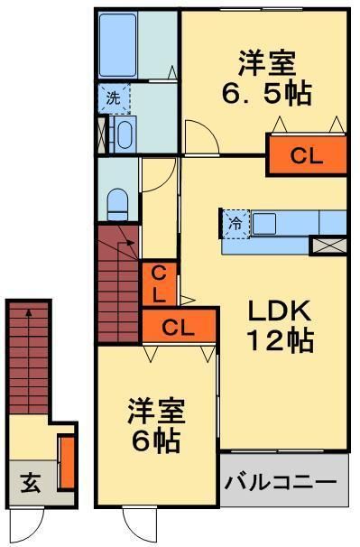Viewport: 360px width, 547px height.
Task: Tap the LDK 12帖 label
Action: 281,326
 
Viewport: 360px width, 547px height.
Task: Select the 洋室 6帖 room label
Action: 156,426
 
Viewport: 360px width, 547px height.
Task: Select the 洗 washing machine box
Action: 115,98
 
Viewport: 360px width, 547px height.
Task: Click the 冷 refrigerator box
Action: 235,223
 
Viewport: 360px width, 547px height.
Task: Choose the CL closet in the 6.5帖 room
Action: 306,155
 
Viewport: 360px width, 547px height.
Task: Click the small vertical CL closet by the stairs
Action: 155,283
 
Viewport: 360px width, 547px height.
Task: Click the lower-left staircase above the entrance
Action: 29,352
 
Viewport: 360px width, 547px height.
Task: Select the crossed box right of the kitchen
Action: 324,245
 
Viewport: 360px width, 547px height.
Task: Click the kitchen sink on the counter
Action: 265,222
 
